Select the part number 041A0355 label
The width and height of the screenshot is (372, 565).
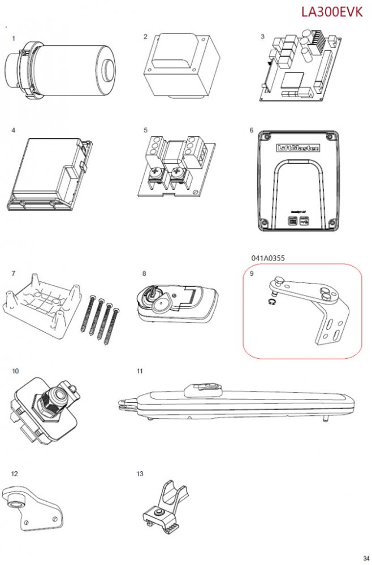268,258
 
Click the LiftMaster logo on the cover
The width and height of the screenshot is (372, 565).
297,149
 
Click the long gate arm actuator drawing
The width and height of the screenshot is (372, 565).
237,402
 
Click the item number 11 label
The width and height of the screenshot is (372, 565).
140,371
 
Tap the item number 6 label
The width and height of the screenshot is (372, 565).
252,130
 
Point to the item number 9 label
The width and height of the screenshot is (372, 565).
252,274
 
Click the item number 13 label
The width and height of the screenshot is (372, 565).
140,473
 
